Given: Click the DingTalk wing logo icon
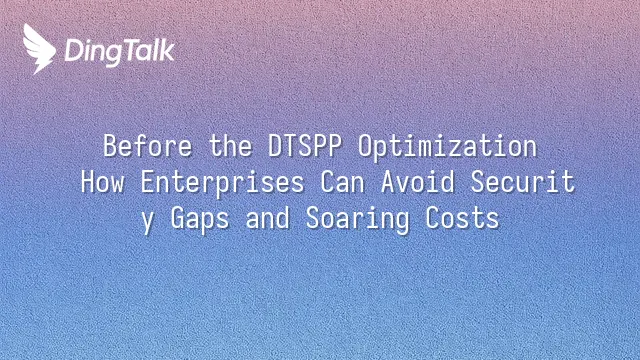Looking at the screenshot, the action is (39, 49).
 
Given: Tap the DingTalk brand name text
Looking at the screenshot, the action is (120, 52).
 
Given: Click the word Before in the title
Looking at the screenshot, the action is (147, 146).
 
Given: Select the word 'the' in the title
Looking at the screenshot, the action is (231, 146).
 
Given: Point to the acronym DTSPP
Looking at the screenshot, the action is (305, 146).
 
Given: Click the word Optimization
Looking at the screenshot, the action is (447, 147).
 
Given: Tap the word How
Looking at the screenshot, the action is (102, 182).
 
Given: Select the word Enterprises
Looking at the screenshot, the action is (222, 183).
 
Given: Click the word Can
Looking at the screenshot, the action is (342, 182).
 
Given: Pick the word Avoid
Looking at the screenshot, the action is (418, 182).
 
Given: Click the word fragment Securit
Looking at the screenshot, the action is (523, 182).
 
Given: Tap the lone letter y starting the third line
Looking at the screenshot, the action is (148, 221).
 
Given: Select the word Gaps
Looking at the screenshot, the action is (200, 220).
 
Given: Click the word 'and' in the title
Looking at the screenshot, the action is (268, 218).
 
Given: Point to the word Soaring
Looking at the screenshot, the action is (357, 220).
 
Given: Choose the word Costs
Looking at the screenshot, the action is (462, 218).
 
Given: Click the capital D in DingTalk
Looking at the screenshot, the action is (74, 50).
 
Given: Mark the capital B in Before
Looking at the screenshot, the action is (110, 146).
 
